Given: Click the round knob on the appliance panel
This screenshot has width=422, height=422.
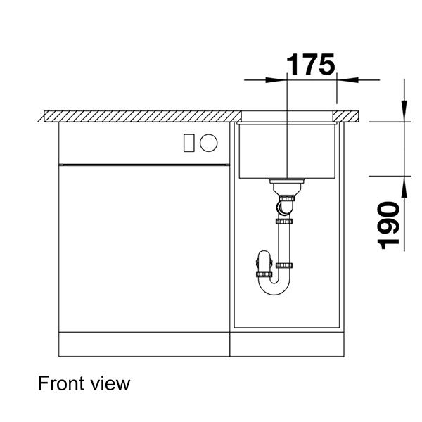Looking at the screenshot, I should (208, 142).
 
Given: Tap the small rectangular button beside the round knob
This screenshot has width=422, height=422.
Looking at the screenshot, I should (188, 142).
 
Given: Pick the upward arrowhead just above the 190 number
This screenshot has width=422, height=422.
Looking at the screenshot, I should (404, 184).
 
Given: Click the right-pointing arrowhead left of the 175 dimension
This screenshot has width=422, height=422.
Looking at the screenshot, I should (281, 79).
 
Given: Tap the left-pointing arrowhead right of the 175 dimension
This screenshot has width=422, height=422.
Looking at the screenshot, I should (344, 79).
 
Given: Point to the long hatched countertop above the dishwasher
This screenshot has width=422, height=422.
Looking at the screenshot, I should (141, 115).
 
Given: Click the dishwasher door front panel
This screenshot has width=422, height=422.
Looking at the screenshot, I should (144, 246).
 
